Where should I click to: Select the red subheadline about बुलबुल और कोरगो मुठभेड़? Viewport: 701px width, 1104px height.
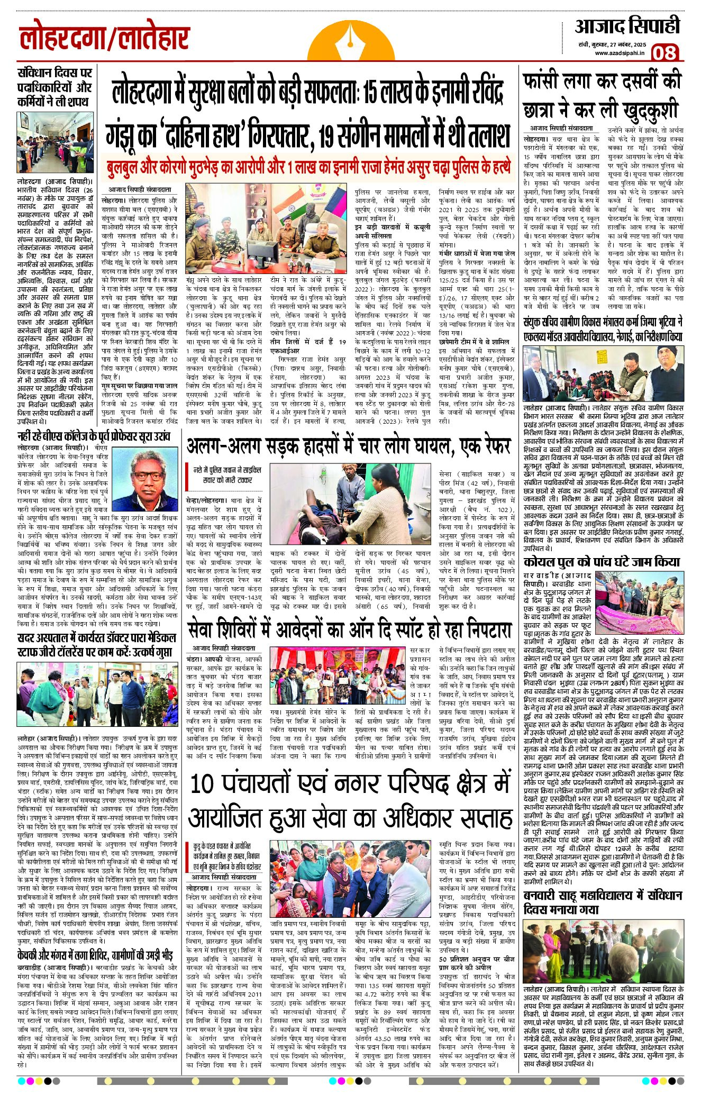[308, 166]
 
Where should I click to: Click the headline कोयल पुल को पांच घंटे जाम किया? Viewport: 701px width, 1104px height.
[602, 561]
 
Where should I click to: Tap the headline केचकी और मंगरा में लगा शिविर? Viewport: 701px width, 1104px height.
[95, 956]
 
